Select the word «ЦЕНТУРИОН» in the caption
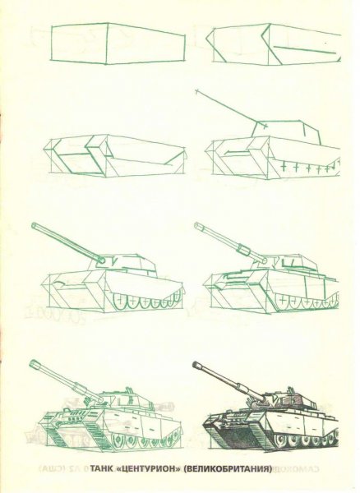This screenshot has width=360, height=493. (x=152, y=471)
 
